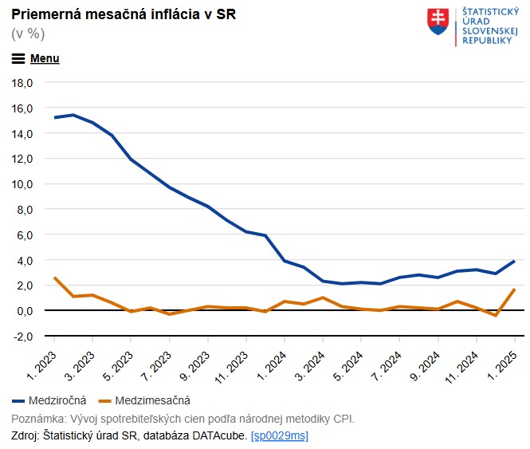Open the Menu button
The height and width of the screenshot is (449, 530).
[x=36, y=58]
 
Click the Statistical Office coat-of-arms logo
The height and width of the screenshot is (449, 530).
[x=438, y=21]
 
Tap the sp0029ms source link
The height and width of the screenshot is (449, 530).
[x=279, y=435]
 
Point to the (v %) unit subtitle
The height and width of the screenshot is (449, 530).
[x=28, y=33]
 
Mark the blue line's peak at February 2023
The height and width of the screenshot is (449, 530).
[x=73, y=115]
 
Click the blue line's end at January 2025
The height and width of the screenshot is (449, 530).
[x=514, y=262]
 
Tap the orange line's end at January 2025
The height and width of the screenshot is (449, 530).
[x=514, y=289]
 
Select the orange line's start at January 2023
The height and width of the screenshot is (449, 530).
[x=54, y=278]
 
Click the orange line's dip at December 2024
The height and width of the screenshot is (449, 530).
[x=495, y=315]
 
